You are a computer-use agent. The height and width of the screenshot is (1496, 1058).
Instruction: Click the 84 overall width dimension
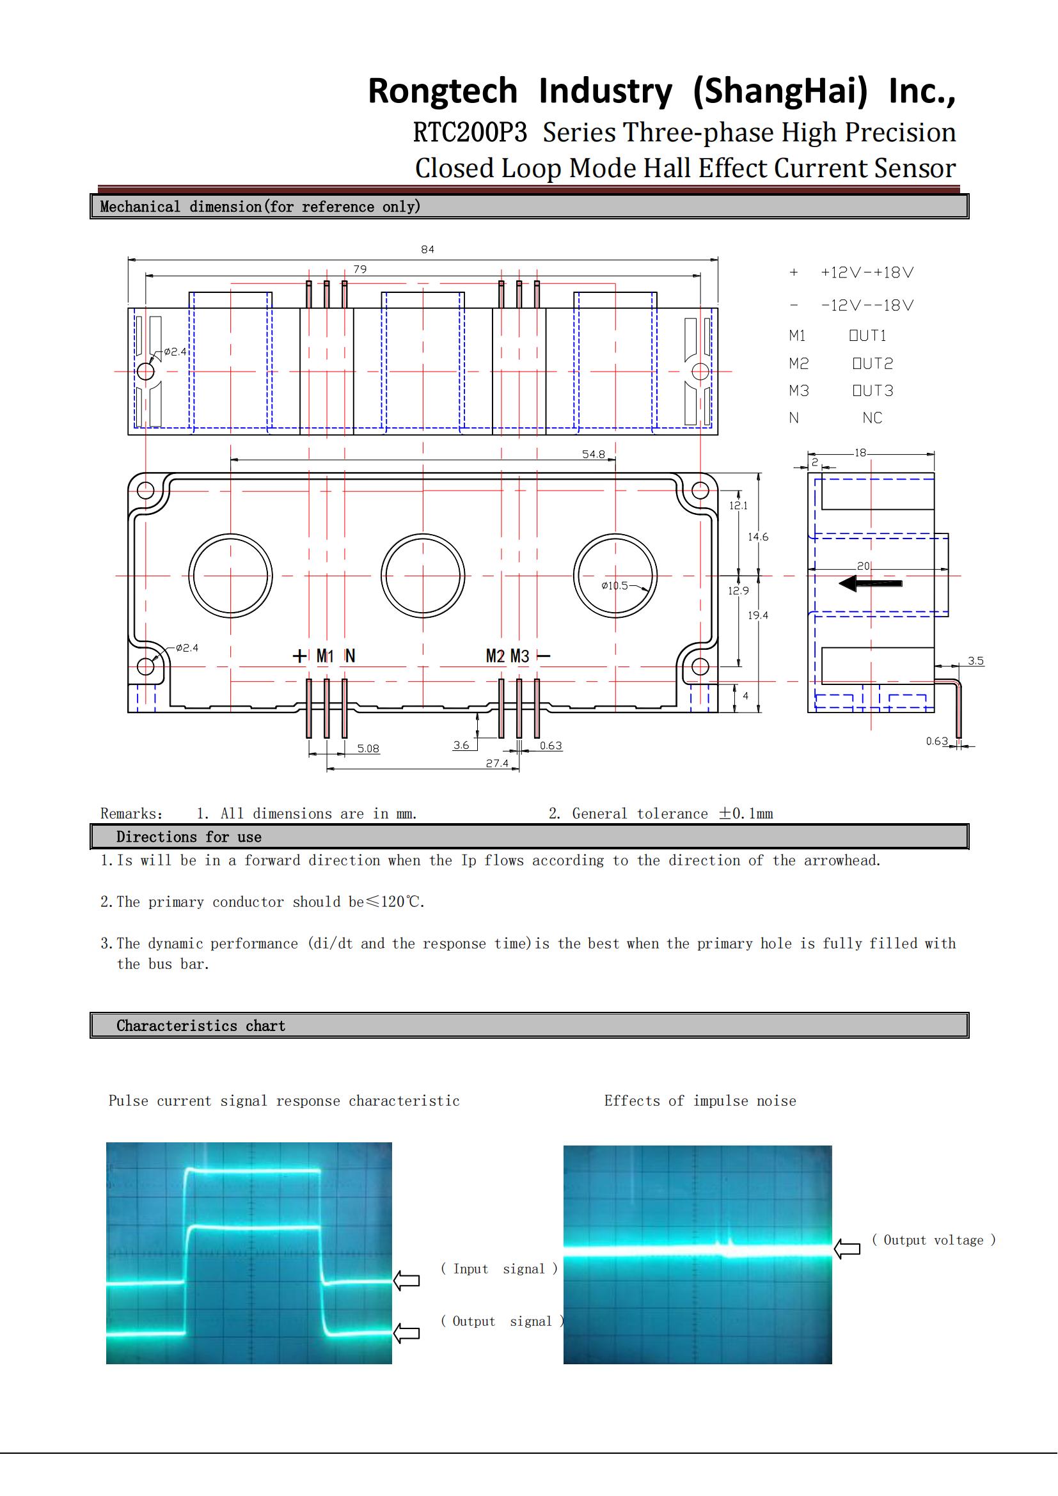point(427,249)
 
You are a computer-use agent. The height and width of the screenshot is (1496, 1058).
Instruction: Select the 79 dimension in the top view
point(359,269)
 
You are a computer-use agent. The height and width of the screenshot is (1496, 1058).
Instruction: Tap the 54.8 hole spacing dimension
point(594,454)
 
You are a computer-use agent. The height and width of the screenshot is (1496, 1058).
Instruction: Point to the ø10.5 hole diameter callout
point(615,586)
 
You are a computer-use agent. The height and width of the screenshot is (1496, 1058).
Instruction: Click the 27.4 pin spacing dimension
point(497,763)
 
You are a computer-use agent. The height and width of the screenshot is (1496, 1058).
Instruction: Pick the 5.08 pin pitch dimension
point(368,749)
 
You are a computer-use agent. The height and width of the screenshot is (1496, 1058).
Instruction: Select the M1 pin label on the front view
point(325,656)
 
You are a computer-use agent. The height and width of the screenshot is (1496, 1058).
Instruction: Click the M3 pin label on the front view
point(520,656)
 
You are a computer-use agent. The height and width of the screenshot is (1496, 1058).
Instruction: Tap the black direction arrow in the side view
point(871,583)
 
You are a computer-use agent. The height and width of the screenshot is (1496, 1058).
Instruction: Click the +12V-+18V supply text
point(867,273)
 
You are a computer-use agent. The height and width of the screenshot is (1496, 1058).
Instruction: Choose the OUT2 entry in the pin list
point(873,363)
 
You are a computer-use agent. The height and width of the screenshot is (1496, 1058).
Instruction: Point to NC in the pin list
point(872,418)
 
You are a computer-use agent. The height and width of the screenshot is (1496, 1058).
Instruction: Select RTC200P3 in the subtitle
point(470,132)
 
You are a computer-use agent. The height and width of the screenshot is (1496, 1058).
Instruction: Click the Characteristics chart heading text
point(201,1025)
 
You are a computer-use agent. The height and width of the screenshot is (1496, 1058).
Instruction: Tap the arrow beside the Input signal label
point(407,1280)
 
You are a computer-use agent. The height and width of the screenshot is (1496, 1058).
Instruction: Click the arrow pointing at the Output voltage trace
point(847,1248)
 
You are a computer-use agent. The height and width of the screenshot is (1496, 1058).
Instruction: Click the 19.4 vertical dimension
point(757,615)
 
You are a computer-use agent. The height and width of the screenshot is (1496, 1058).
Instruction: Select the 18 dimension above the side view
point(860,452)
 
